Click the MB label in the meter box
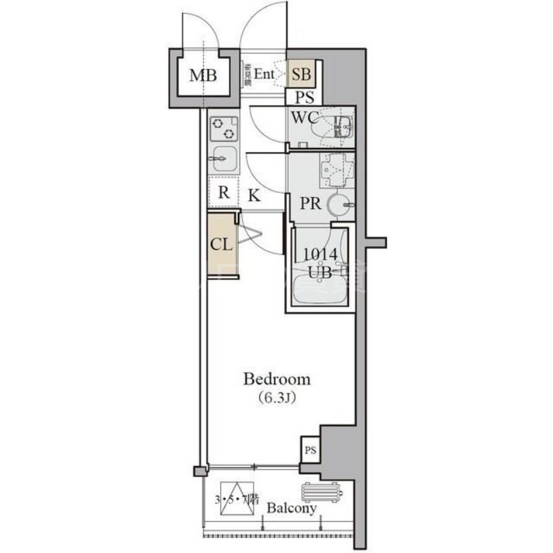pyautogui.click(x=203, y=75)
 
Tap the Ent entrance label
pyautogui.click(x=265, y=73)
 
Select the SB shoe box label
pyautogui.click(x=301, y=73)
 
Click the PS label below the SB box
pyautogui.click(x=304, y=97)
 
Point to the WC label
pyautogui.click(x=303, y=118)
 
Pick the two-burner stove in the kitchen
pyautogui.click(x=223, y=127)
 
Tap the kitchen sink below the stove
pyautogui.click(x=223, y=159)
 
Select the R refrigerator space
pyautogui.click(x=224, y=192)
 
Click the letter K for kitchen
pyautogui.click(x=254, y=196)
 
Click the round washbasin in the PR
pyautogui.click(x=338, y=205)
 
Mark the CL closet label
pyautogui.click(x=221, y=244)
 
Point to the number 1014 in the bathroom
pyautogui.click(x=321, y=255)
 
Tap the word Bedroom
pyautogui.click(x=276, y=379)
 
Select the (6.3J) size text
pyautogui.click(x=276, y=399)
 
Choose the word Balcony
pyautogui.click(x=292, y=509)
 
